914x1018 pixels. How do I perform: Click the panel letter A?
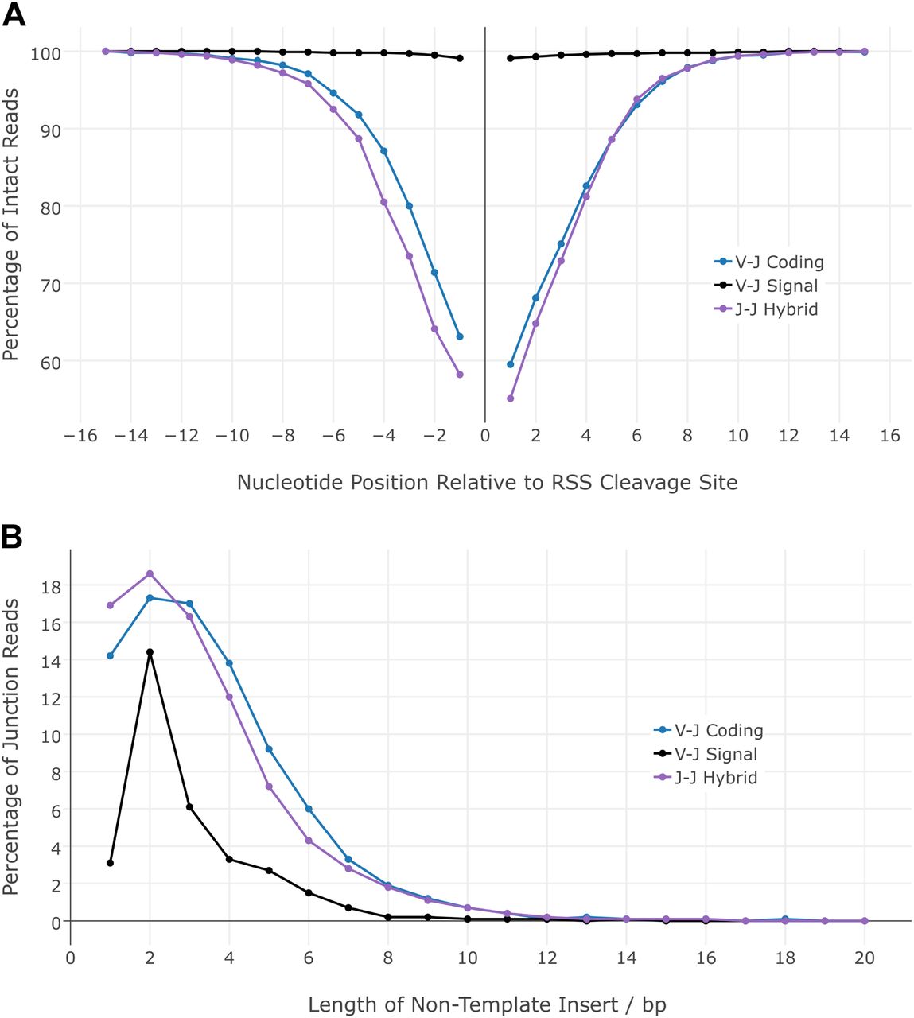[14, 14]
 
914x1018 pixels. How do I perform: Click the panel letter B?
[12, 537]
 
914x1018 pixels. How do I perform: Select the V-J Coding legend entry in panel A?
[768, 262]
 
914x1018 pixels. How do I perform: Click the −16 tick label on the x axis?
[80, 435]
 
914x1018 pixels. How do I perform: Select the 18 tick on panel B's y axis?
[51, 585]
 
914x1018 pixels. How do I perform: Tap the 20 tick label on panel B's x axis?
[864, 957]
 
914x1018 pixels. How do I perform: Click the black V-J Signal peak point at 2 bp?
[150, 652]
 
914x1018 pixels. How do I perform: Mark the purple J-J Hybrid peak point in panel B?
[150, 573]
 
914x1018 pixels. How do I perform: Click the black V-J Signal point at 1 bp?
[110, 863]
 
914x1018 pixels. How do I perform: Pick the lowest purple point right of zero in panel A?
[511, 398]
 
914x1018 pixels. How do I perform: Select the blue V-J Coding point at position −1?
[460, 336]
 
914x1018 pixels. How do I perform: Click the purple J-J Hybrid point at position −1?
[460, 375]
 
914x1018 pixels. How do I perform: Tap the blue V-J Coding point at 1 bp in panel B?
[110, 656]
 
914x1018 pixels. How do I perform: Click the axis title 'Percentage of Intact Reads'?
[11, 225]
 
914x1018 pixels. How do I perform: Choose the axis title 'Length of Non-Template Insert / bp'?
[487, 1004]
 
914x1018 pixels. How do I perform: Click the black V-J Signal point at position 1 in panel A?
[511, 58]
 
